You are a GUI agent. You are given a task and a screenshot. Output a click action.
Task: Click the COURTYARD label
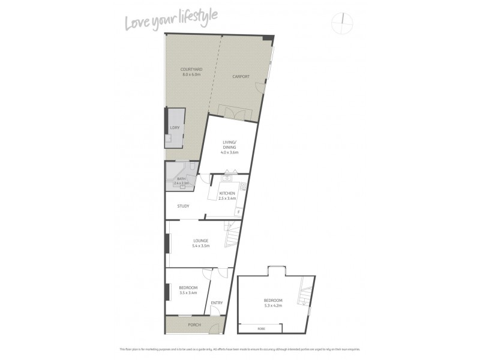click(191, 70)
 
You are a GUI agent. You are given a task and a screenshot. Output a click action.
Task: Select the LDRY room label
click(175, 128)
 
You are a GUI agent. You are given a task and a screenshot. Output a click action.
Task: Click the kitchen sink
click(229, 177)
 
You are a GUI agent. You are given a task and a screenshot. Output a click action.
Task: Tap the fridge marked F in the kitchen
click(238, 212)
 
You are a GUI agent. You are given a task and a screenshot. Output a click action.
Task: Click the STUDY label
click(183, 206)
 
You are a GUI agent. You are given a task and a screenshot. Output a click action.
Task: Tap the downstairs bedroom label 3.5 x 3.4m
click(188, 294)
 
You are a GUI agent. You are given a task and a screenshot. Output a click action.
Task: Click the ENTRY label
click(217, 302)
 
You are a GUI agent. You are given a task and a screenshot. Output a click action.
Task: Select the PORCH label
click(194, 325)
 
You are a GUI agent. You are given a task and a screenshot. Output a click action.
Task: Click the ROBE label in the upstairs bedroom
click(260, 328)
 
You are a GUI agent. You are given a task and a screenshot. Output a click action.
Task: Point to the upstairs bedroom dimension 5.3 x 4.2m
click(272, 305)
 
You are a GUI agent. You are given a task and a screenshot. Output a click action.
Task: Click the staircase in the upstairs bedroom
click(306, 294)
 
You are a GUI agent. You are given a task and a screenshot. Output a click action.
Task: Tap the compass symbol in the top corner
click(342, 21)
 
